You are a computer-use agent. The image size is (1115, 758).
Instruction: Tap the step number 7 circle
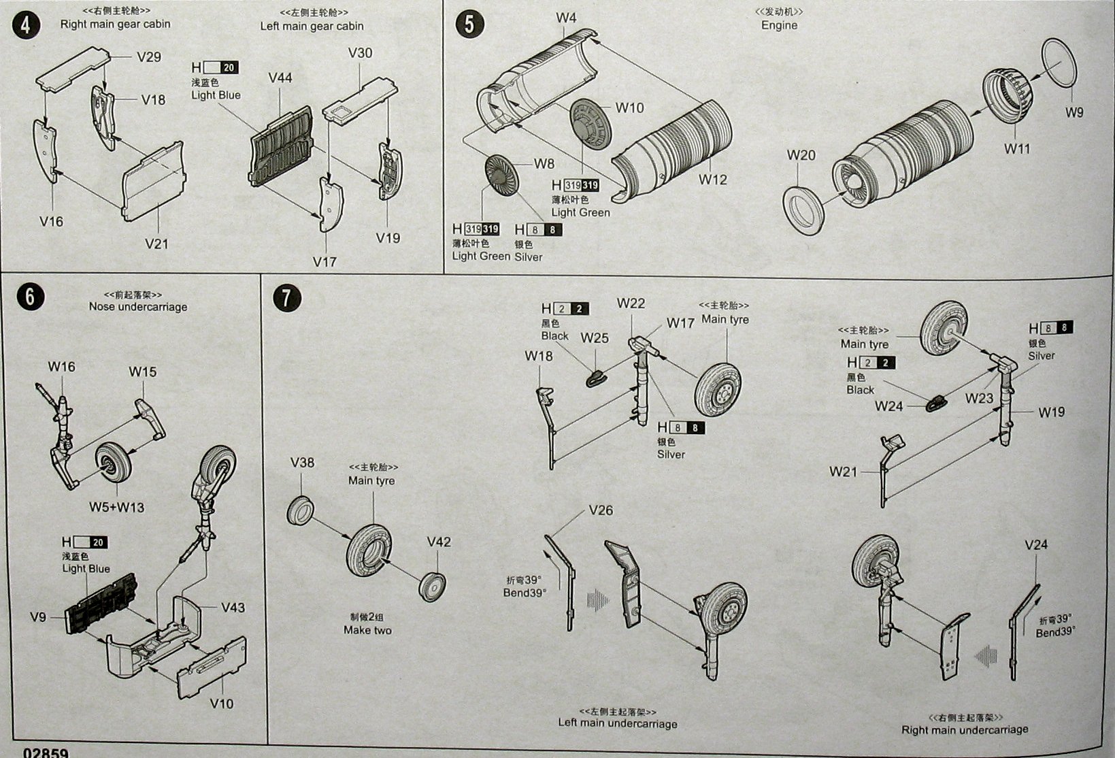tap(287, 297)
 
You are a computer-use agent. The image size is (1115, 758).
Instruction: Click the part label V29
tap(149, 56)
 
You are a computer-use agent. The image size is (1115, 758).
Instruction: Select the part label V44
tap(280, 78)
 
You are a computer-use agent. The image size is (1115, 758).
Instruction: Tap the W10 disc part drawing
tap(589, 123)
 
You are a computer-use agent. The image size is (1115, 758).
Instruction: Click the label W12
tap(713, 180)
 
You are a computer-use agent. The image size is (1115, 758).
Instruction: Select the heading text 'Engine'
tap(779, 25)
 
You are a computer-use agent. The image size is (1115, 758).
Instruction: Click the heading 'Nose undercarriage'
tap(138, 307)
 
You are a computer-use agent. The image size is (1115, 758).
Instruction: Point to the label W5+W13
tap(116, 507)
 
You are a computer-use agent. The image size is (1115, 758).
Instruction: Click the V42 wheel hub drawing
tap(433, 587)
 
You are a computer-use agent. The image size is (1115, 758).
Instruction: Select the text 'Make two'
tap(367, 630)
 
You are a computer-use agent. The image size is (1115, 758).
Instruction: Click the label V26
tap(601, 510)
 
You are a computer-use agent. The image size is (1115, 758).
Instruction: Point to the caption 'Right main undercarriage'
tap(965, 730)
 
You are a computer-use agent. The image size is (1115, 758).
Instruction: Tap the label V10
tap(222, 703)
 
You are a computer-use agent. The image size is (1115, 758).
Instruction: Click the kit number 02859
tap(46, 753)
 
